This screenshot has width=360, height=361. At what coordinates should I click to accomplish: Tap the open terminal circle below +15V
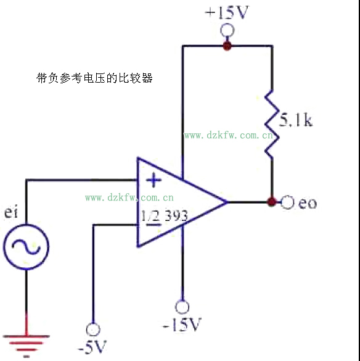[x=227, y=31]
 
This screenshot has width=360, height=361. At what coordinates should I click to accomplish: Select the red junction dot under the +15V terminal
[x=227, y=46]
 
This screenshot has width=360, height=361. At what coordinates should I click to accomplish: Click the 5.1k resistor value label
[x=296, y=120]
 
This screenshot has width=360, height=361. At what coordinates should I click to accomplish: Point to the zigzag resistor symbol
[x=272, y=124]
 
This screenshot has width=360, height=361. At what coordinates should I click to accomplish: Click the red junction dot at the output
[x=272, y=202]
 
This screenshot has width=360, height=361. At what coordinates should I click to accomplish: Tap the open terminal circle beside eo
[x=287, y=202]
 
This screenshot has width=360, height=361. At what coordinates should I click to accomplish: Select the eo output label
[x=308, y=203]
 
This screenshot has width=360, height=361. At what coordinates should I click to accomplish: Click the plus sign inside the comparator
[x=153, y=180]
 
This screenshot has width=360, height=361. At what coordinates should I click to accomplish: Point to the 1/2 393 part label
[x=165, y=216]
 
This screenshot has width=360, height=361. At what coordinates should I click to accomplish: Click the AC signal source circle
[x=26, y=247]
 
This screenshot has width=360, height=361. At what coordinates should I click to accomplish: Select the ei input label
[x=11, y=212]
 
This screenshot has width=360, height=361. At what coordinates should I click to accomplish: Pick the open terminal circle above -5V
[x=93, y=330]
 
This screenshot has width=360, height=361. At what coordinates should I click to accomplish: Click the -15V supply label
[x=182, y=325]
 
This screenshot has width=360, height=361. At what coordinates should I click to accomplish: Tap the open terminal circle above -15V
[x=182, y=307]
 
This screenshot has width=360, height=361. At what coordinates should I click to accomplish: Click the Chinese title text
[x=94, y=78]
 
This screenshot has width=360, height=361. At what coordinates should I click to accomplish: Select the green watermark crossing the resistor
[x=229, y=135]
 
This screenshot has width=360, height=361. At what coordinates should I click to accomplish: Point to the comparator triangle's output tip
[x=227, y=202]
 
